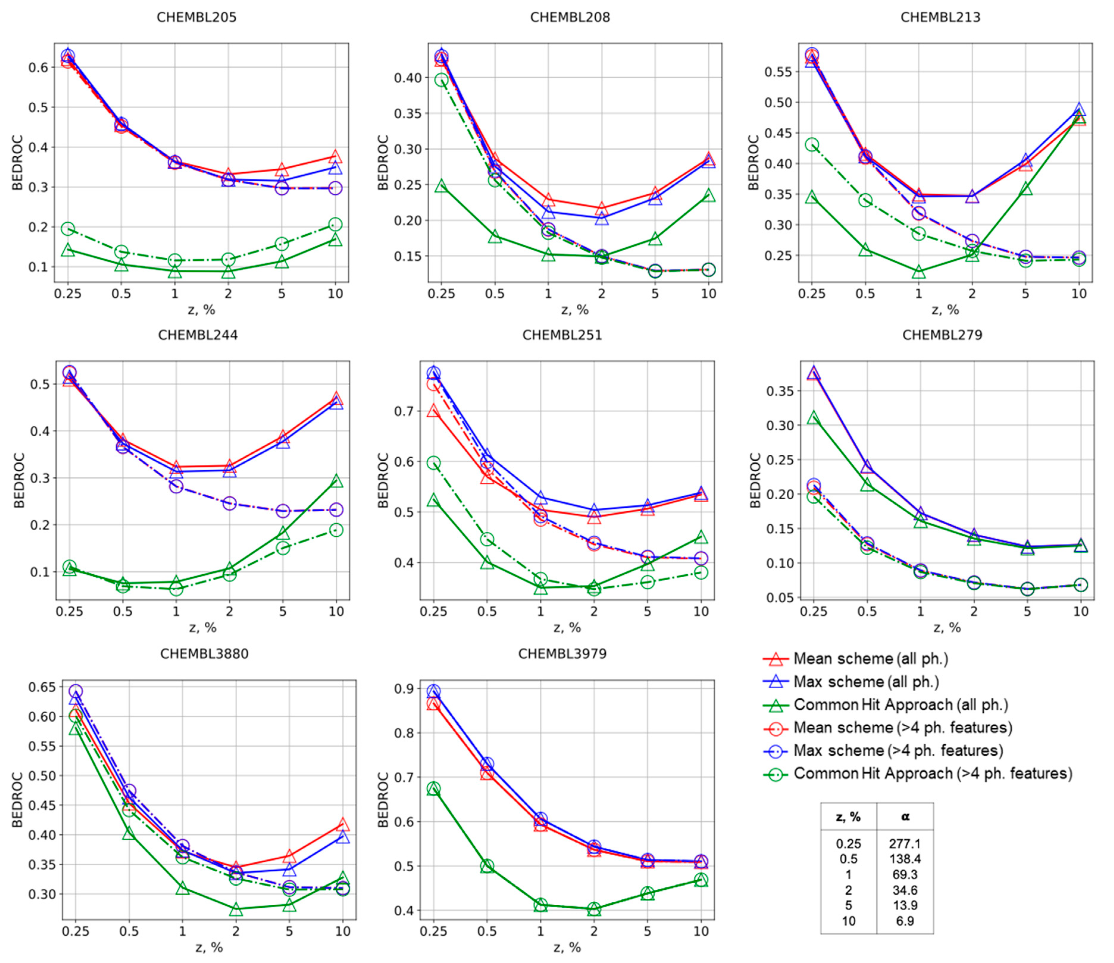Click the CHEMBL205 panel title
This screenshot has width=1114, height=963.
(x=196, y=17)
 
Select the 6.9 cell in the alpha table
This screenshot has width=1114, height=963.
(x=905, y=921)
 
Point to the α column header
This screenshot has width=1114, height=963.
(x=905, y=817)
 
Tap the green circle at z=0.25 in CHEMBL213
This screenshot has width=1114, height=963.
(x=812, y=145)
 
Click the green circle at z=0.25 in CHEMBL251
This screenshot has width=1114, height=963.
(x=433, y=462)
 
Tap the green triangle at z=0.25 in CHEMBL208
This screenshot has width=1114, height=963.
(x=441, y=186)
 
